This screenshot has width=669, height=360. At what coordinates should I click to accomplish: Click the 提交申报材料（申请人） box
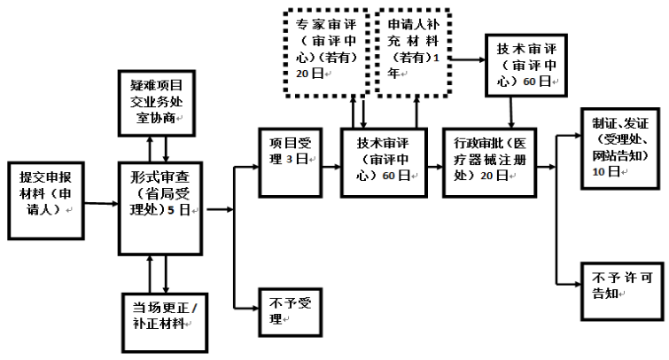point(46,200)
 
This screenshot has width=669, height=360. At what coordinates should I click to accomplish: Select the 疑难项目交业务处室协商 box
point(157,104)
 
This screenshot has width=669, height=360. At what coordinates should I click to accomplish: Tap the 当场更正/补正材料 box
point(165,323)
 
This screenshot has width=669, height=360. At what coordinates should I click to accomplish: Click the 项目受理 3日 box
point(290,162)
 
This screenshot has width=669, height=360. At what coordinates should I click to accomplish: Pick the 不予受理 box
point(290,312)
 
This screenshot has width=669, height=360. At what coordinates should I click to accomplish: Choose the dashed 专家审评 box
point(327,52)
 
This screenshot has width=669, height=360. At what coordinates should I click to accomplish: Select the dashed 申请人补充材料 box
point(413,52)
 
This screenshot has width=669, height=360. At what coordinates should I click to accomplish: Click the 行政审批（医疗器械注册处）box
point(489,162)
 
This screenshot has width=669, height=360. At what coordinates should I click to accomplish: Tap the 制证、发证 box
point(620,149)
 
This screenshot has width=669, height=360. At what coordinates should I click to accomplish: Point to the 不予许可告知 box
point(622,291)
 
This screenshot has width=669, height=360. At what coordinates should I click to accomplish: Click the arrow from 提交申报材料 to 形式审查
point(101,204)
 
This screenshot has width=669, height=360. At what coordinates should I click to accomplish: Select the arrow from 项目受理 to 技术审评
point(331,167)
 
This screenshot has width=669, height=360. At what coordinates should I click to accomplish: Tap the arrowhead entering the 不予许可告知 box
point(577,284)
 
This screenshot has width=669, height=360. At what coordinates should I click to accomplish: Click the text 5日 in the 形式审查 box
point(178,209)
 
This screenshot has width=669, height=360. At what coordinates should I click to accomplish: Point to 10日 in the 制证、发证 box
point(606,172)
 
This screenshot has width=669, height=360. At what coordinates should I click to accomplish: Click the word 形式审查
point(159,177)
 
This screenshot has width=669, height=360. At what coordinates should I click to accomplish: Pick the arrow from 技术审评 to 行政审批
point(435,167)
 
